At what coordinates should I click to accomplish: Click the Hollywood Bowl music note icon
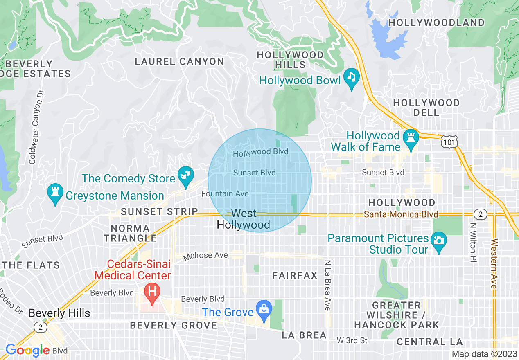tap(351, 76)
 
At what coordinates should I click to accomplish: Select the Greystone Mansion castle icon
tap(54, 192)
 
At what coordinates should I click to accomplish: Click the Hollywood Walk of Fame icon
tap(410, 137)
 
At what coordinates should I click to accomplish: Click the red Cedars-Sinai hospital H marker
tap(152, 293)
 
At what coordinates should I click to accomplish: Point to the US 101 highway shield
tap(449, 142)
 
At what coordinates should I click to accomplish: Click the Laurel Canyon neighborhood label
tap(180, 62)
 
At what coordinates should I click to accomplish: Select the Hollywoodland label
tap(436, 23)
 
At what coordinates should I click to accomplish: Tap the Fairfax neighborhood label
tap(295, 276)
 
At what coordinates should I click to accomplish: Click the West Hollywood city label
tap(244, 219)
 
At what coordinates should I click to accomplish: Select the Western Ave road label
tap(494, 263)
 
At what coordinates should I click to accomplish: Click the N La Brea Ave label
tap(327, 285)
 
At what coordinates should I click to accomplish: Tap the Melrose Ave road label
tap(205, 256)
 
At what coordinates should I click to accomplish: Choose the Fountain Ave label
tap(225, 193)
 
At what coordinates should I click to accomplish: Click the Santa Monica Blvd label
tap(401, 214)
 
